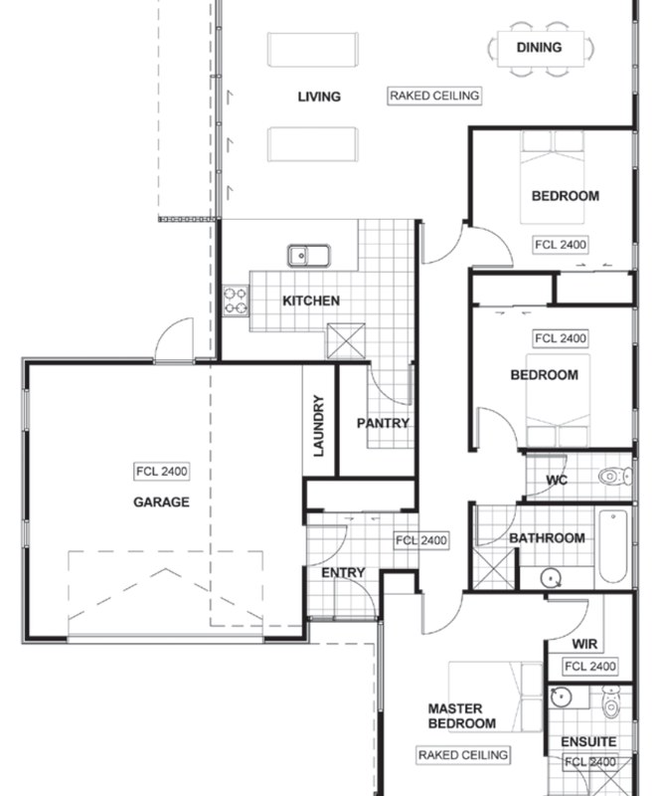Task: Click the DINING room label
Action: pos(539,47)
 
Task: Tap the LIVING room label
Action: pos(319,97)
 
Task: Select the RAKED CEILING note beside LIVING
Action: pos(434,96)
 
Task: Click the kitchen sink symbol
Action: pos(309,256)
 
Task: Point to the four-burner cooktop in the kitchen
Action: pos(236,300)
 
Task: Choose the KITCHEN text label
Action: pos(310,300)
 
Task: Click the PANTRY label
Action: pos(383,423)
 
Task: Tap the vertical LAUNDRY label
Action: pos(319,426)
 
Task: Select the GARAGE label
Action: pos(161,502)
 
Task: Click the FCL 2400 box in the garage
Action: pos(161,472)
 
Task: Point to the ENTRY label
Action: pos(343,573)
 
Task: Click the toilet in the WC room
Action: pos(613,477)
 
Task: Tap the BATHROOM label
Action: pos(547,538)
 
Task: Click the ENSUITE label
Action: pos(588,742)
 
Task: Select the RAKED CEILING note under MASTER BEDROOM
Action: pos(463,755)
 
